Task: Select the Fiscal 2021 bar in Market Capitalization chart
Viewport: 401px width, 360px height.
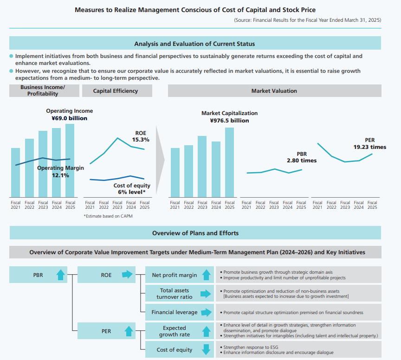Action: coord(175,172)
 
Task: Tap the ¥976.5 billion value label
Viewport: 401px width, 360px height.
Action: coord(229,121)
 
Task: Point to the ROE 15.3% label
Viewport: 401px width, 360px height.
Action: coord(141,136)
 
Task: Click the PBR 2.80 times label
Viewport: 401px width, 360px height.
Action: coord(302,157)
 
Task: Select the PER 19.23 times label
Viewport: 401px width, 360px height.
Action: coord(369,144)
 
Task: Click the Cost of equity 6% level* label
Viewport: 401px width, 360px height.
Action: coord(132,189)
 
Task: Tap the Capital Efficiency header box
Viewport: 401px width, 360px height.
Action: coord(116,91)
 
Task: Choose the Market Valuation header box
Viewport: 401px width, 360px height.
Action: coord(274,91)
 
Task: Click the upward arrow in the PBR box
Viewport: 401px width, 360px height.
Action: coord(60,275)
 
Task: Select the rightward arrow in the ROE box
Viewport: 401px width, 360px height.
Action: coord(127,275)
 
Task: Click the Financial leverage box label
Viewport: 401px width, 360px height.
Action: coord(175,312)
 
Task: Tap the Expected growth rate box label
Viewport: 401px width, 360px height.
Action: coord(175,331)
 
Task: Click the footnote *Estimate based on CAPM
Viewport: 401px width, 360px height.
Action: coord(108,216)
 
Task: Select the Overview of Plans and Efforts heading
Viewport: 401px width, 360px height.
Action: coord(195,233)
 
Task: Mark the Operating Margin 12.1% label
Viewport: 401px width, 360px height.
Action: coord(60,172)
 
